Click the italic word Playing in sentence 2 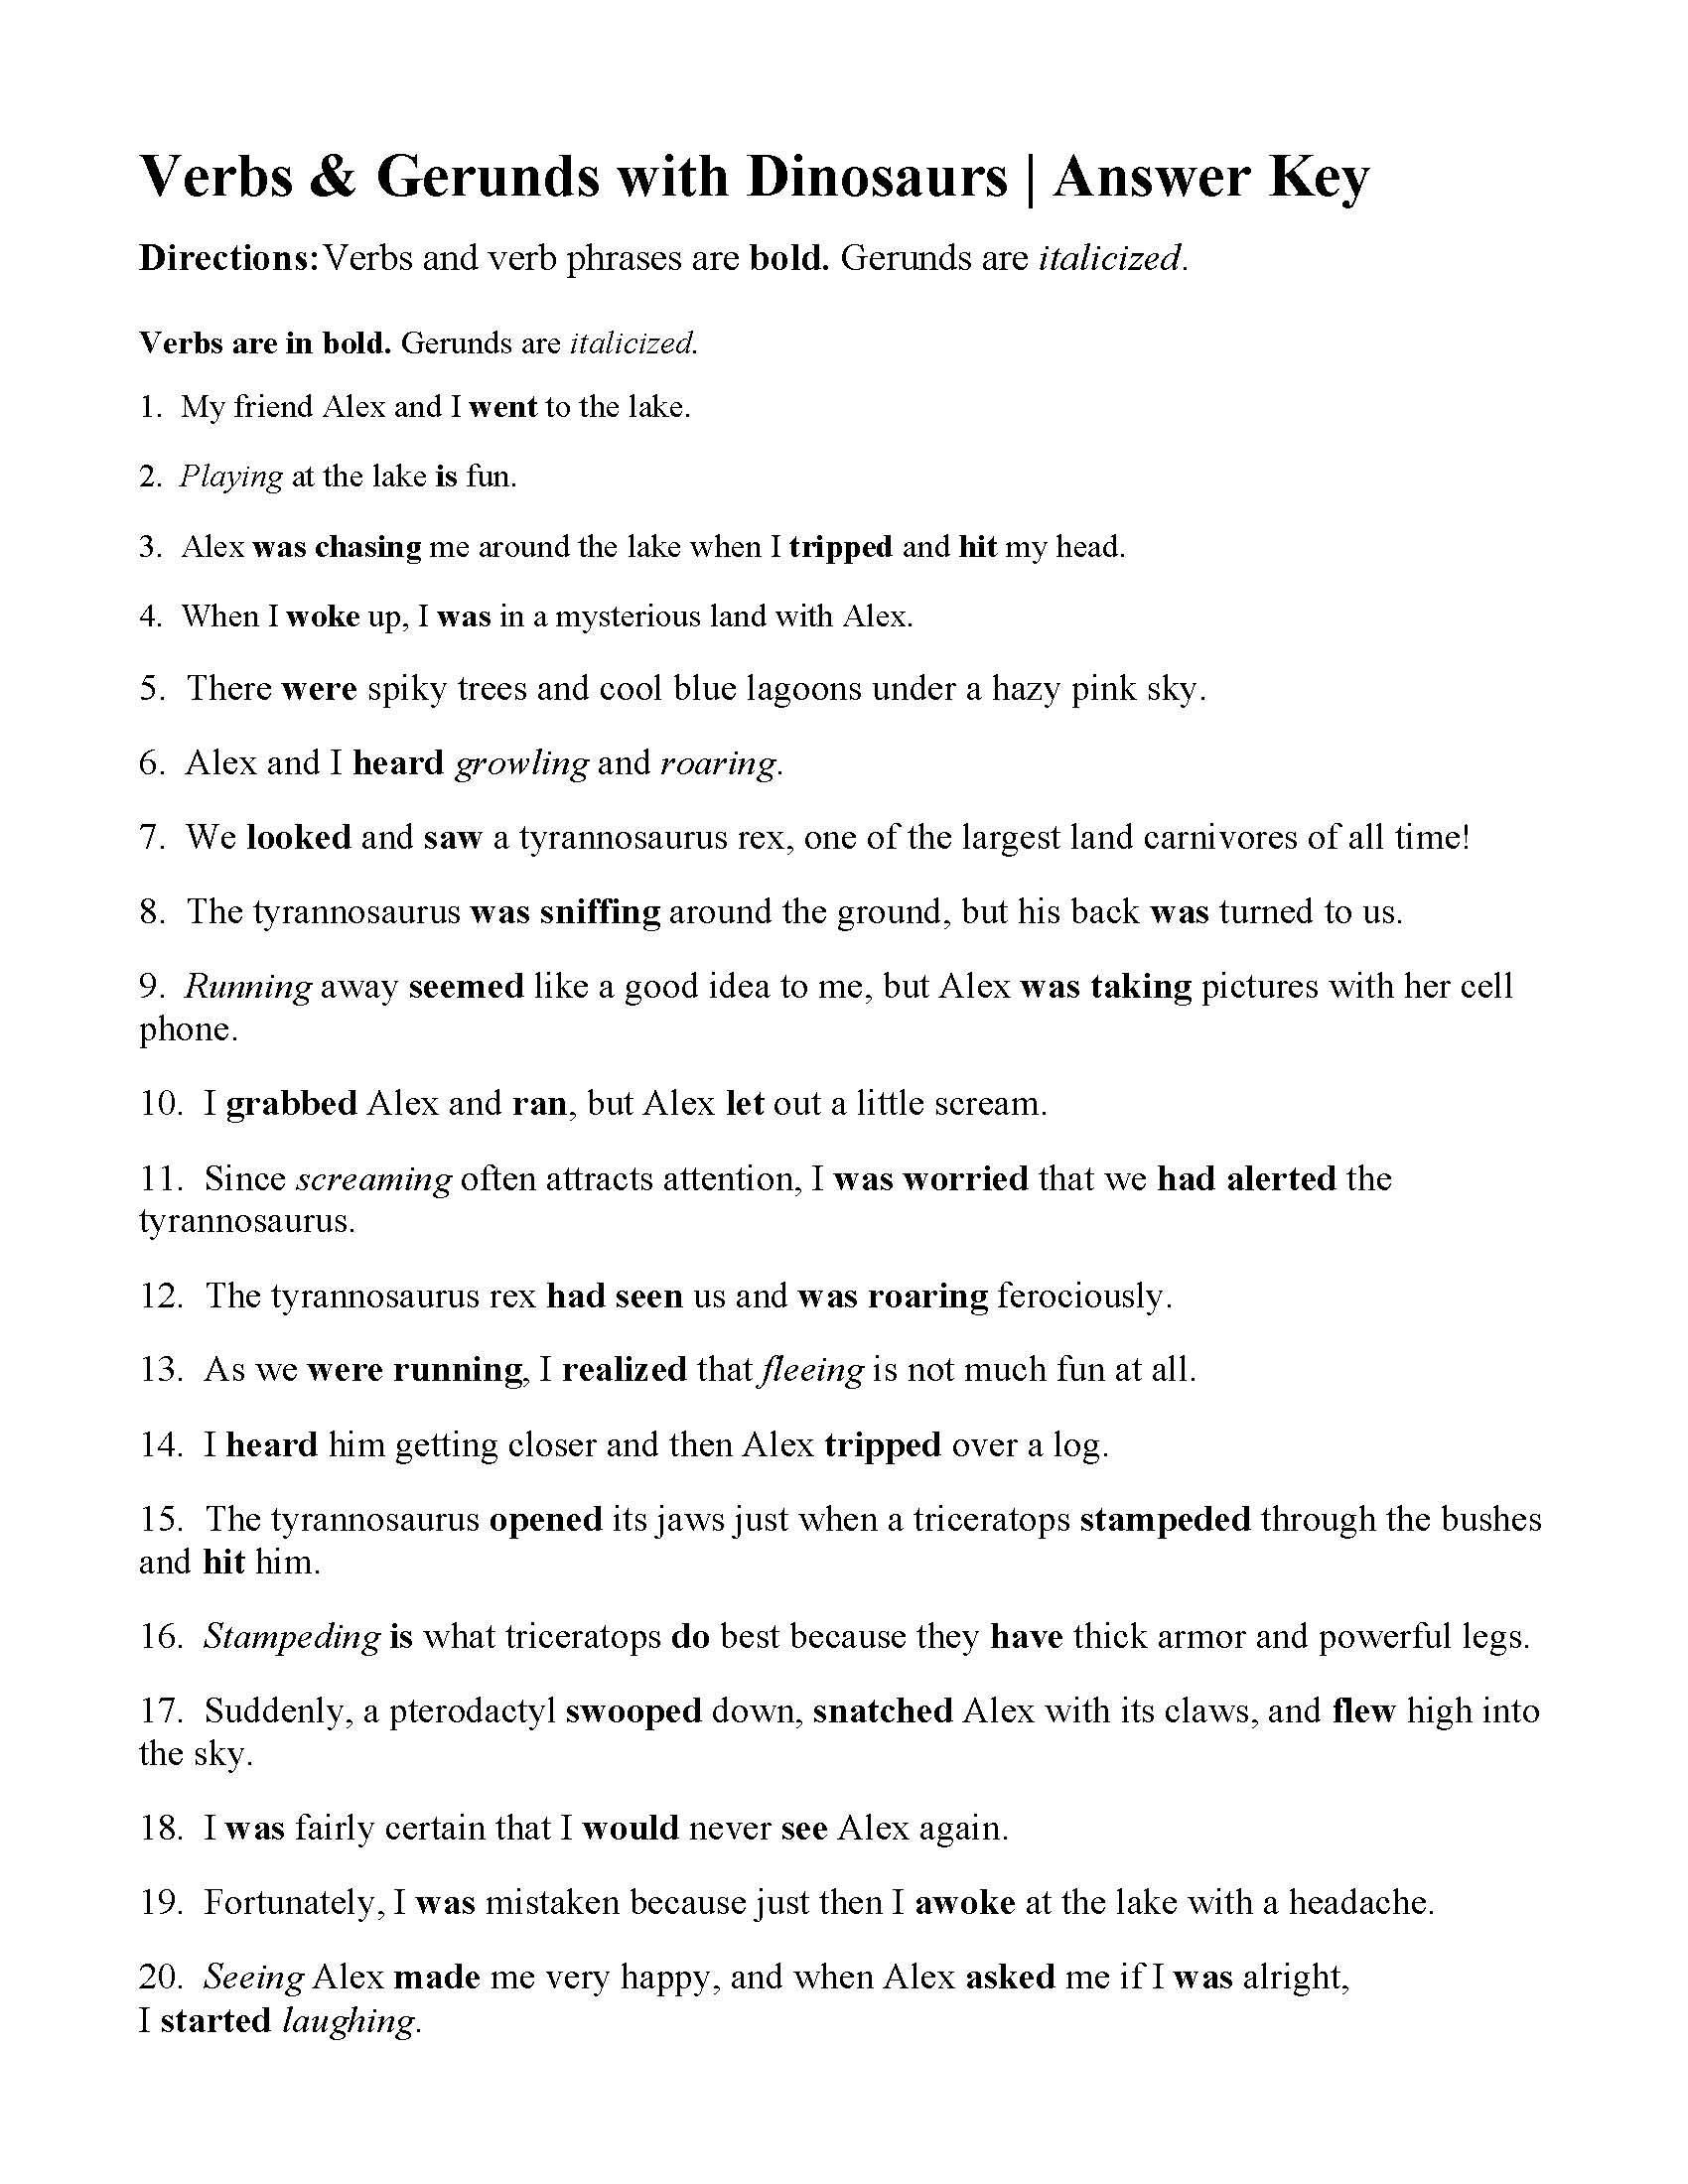click(231, 477)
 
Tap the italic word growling click(521, 764)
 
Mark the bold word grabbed click(291, 1104)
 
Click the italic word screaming click(375, 1179)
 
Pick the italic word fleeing click(812, 1370)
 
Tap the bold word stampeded click(1165, 1520)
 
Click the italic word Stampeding click(292, 1637)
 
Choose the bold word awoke click(965, 1903)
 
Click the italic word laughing click(347, 2021)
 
